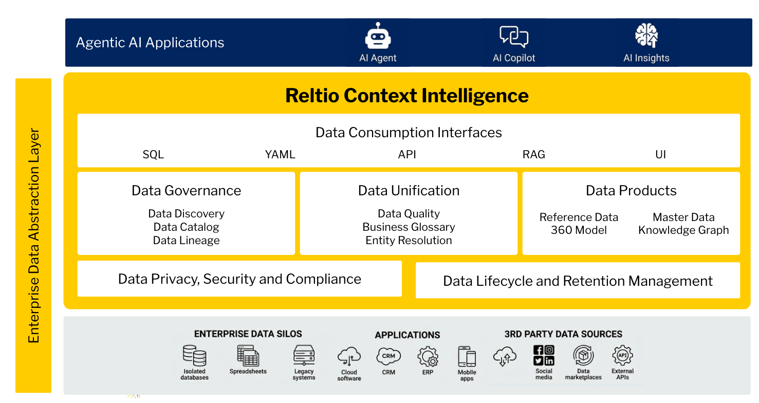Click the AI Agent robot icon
pyautogui.click(x=378, y=36)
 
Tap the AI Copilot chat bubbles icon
pyautogui.click(x=513, y=36)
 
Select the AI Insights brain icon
pyautogui.click(x=646, y=35)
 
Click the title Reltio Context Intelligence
pyautogui.click(x=406, y=96)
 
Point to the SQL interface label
pyautogui.click(x=153, y=155)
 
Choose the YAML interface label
pyautogui.click(x=280, y=155)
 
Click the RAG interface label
pyautogui.click(x=533, y=155)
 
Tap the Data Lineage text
pyautogui.click(x=186, y=241)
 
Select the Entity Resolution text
pyautogui.click(x=409, y=241)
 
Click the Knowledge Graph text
pyautogui.click(x=683, y=230)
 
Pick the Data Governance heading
pyautogui.click(x=186, y=191)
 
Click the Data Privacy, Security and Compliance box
pyautogui.click(x=239, y=279)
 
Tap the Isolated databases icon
pyautogui.click(x=194, y=355)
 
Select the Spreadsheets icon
pyautogui.click(x=248, y=355)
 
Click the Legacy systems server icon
pyautogui.click(x=304, y=355)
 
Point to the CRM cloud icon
pyautogui.click(x=388, y=356)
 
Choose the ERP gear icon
pyautogui.click(x=428, y=356)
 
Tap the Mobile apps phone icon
pyautogui.click(x=467, y=356)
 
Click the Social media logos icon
pyautogui.click(x=544, y=355)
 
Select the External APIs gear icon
pyautogui.click(x=622, y=355)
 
